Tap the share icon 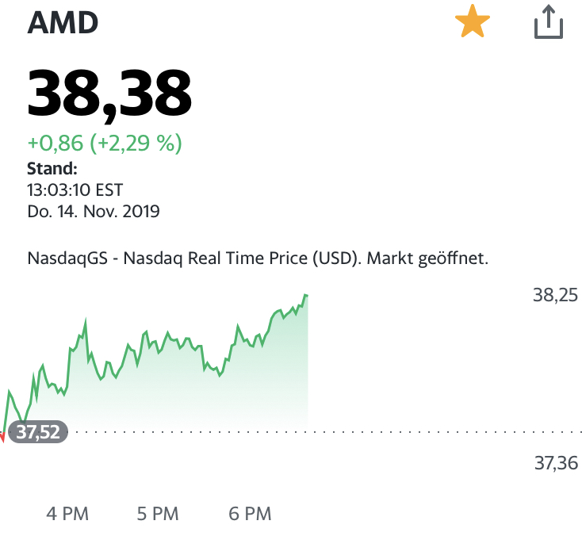[x=548, y=22]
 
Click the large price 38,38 [x=109, y=94]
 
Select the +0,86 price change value [x=56, y=144]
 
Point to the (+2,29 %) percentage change [x=136, y=144]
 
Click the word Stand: [x=52, y=168]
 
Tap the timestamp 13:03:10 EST [x=75, y=190]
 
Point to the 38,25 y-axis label [x=555, y=296]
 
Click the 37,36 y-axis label [x=555, y=463]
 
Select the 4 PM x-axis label [x=67, y=514]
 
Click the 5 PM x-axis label [x=158, y=514]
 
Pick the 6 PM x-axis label [x=250, y=514]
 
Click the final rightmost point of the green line [x=307, y=295]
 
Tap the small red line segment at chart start [x=2, y=437]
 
